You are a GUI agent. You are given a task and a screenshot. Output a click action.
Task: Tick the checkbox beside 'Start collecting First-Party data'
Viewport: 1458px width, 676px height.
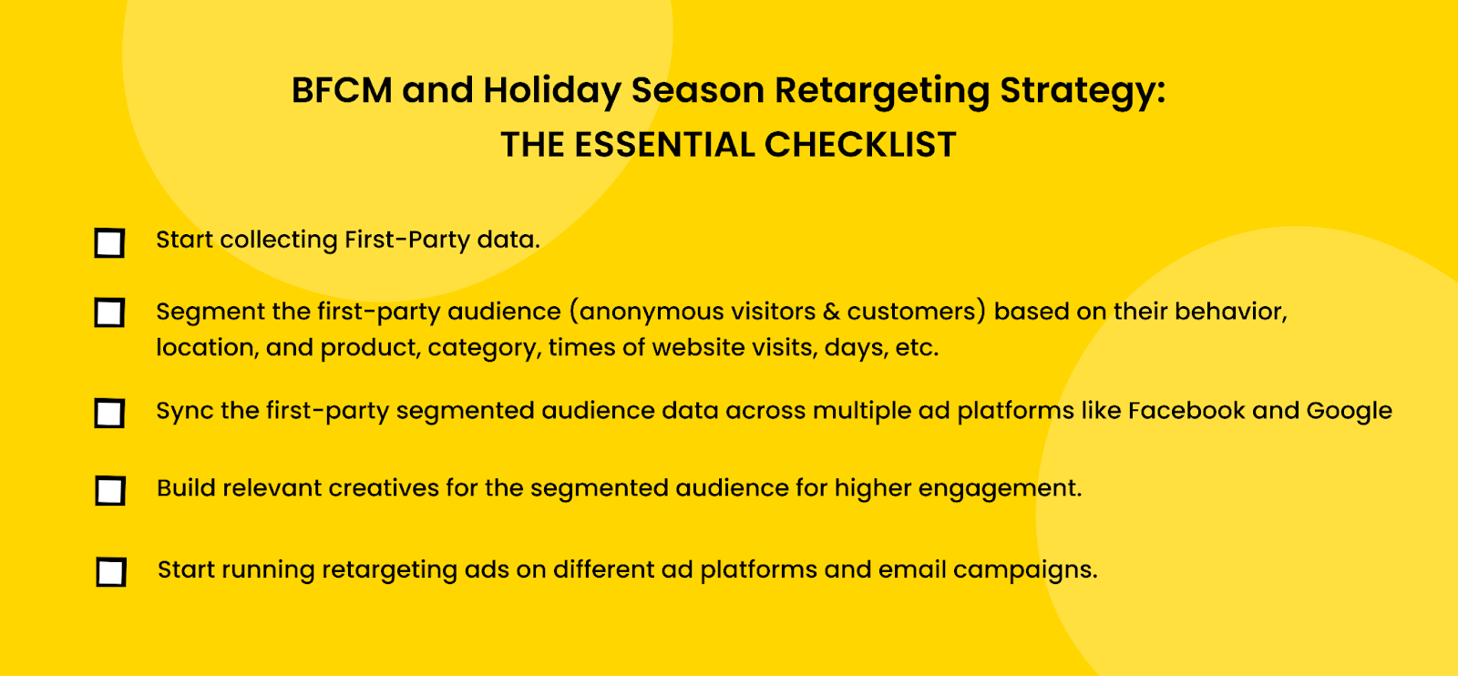click(109, 242)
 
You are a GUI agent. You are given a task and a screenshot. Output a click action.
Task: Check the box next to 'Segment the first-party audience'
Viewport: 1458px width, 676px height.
click(109, 313)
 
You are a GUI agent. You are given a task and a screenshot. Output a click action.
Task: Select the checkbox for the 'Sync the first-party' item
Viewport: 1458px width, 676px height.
click(109, 413)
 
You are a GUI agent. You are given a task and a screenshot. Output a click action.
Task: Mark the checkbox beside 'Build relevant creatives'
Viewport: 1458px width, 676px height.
click(110, 490)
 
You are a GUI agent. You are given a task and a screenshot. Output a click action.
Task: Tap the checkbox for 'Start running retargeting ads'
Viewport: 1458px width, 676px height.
click(110, 572)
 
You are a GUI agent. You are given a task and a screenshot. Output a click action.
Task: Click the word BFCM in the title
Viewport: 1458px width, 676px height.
click(342, 90)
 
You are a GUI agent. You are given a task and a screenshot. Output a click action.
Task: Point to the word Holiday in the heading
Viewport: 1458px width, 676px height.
click(552, 91)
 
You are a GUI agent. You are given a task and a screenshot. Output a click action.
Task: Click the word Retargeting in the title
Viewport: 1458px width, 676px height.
click(882, 91)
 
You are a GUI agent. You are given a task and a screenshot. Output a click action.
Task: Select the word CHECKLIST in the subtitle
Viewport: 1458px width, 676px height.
click(860, 145)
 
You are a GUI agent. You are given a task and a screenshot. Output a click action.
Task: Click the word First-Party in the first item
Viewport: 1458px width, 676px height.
click(406, 241)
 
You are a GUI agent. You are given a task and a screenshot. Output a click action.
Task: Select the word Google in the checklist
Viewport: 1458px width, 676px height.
click(1349, 412)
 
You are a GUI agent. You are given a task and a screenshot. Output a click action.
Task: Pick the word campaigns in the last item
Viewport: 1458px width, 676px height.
click(1025, 570)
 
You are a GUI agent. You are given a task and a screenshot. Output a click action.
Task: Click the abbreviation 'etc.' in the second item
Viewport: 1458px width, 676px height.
click(917, 348)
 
